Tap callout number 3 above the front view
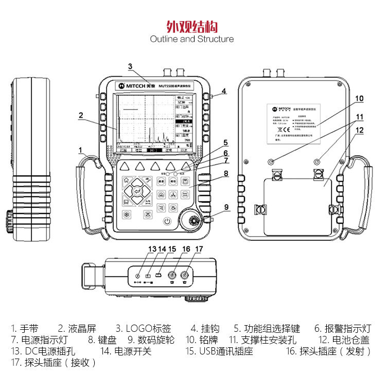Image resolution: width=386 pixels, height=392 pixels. [x=130, y=66]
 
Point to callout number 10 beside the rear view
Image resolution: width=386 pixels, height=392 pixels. [x=359, y=98]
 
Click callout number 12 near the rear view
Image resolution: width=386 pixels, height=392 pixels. [x=359, y=131]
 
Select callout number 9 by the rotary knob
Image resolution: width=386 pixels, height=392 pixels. [x=225, y=207]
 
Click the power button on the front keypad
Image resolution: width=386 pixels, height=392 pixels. [x=167, y=221]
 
